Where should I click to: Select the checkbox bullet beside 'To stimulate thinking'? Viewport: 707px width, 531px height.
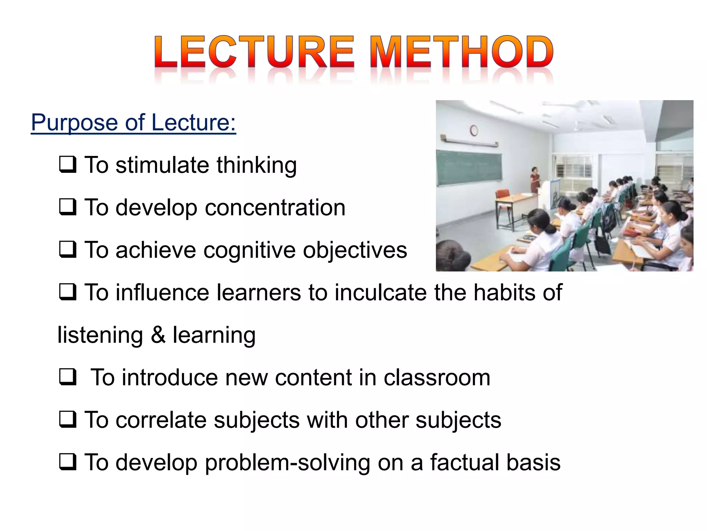67,165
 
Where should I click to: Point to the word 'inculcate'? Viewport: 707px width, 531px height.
381,292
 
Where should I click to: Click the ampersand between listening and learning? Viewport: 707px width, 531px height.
158,335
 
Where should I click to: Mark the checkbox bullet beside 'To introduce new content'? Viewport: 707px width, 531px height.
67,377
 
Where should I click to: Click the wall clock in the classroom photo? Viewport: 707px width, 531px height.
474,130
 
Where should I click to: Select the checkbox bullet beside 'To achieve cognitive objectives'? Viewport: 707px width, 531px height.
67,250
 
